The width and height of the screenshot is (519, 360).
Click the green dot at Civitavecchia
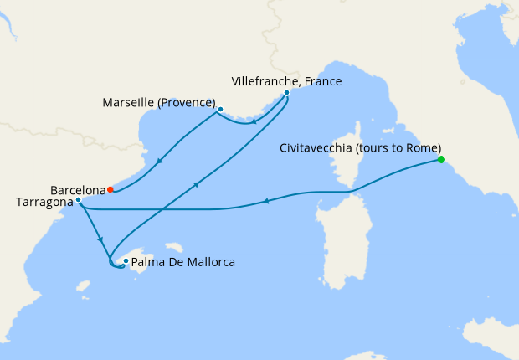pos(441,160)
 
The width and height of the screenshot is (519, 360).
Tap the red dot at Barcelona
pos(110,189)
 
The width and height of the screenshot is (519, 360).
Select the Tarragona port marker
pos(78,200)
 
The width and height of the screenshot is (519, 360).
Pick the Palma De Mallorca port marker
pos(126,261)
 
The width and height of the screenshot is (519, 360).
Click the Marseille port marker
pos(220,109)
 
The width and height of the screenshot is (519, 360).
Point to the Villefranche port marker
pos(286,93)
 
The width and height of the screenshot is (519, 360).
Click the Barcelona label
pos(77,189)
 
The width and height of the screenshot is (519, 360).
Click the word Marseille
pos(131,103)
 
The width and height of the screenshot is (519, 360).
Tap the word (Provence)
pos(188,103)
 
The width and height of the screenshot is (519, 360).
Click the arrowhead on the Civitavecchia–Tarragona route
pos(265,200)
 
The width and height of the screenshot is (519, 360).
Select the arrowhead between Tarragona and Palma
pos(100,239)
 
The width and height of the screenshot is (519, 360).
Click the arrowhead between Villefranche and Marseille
pos(254,122)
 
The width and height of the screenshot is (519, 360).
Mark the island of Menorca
pos(174,247)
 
